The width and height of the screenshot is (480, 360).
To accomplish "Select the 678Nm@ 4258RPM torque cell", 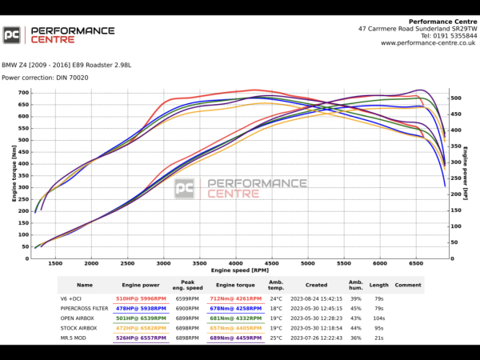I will pos(235,308).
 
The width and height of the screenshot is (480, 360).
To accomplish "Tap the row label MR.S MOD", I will pos(73,338).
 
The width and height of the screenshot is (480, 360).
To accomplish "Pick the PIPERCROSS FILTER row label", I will pos(84,308).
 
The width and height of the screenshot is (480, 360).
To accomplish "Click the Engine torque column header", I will pos(235,285).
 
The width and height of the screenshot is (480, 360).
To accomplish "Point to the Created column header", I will pos(316,285).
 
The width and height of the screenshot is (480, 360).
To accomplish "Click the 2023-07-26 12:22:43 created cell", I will pos(316,338).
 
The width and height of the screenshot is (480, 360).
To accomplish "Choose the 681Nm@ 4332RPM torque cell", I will pos(235,318).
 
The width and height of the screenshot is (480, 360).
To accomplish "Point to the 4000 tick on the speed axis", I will pos(235,263).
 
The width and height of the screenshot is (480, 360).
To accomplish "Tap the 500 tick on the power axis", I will pos(455,98).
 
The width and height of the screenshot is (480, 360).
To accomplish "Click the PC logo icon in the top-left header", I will pos(12,35).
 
